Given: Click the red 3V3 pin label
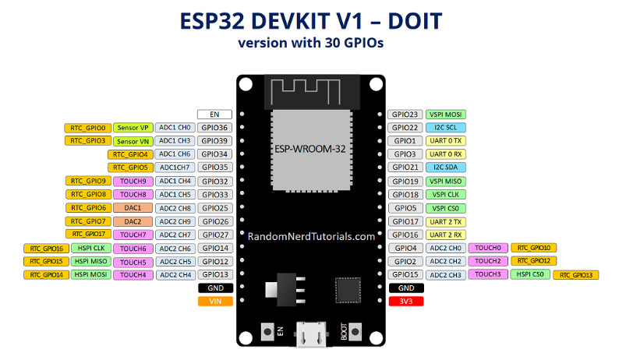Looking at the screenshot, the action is [x=406, y=301].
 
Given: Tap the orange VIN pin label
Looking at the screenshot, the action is [x=216, y=301].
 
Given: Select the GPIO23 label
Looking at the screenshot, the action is [x=405, y=115].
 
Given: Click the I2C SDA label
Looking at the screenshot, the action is [x=446, y=167].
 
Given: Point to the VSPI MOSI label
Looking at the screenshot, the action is [x=446, y=115].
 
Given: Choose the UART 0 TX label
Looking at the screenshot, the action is [x=446, y=141].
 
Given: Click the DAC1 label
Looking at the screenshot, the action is [x=133, y=208].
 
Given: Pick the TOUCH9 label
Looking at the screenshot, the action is [x=133, y=182].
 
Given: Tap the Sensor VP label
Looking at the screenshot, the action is [x=133, y=128].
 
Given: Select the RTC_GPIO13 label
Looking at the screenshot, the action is [x=576, y=275].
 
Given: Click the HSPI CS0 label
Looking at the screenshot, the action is [x=530, y=274].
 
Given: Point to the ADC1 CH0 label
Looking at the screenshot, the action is [x=175, y=128].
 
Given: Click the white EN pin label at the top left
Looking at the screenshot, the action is [x=215, y=115].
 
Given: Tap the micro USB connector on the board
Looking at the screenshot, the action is [x=311, y=334].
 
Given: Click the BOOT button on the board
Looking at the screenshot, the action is [x=355, y=332].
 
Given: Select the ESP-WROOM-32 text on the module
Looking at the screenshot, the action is [x=310, y=149].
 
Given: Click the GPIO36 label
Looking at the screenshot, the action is [x=215, y=128].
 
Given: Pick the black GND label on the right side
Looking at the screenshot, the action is [x=406, y=288].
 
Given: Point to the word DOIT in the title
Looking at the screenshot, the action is [x=415, y=21].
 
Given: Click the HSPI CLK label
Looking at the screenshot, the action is [x=91, y=249].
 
